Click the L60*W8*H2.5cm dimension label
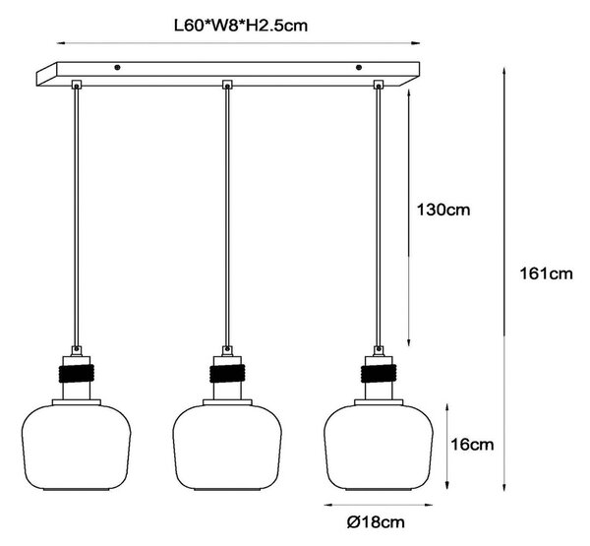point(241,26)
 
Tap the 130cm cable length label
point(443,210)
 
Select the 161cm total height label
point(546,273)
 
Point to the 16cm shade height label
point(472,445)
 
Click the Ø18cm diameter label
point(376,522)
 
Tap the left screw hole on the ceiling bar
point(117,68)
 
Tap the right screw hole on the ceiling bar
point(359,68)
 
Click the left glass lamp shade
point(77,447)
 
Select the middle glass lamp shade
point(227,447)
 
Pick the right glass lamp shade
point(379,447)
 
